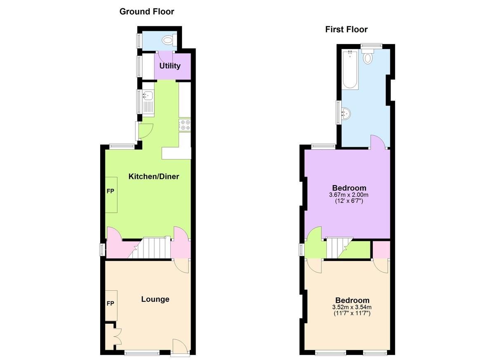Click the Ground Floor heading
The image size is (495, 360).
coord(147,12)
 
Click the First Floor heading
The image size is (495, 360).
coord(346,29)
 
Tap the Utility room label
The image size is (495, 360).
coord(170,66)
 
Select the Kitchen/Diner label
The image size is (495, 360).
coord(154,176)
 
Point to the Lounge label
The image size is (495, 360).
coord(155,299)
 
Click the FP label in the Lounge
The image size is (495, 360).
coord(110,304)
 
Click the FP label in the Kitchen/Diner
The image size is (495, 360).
coord(110,191)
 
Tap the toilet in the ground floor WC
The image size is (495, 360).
coord(170,40)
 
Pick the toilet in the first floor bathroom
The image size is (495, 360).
coord(368,56)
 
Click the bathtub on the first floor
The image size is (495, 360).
coord(350,70)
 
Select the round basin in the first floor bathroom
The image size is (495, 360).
coord(346,114)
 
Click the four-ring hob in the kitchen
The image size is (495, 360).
coord(185,125)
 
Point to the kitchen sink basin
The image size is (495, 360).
coord(148,95)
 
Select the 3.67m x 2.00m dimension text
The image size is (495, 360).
coord(349,195)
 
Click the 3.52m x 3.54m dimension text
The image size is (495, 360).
coord(352,307)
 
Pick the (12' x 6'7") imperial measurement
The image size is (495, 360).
coord(349,201)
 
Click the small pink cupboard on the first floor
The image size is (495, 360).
coord(382,249)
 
